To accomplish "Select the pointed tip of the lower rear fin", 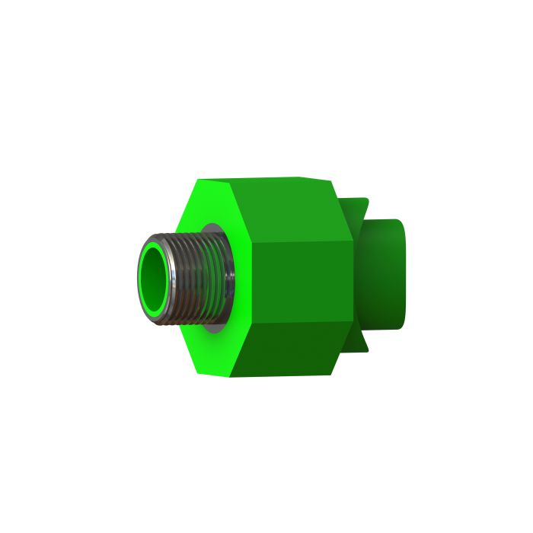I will pyautogui.click(x=368, y=352).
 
